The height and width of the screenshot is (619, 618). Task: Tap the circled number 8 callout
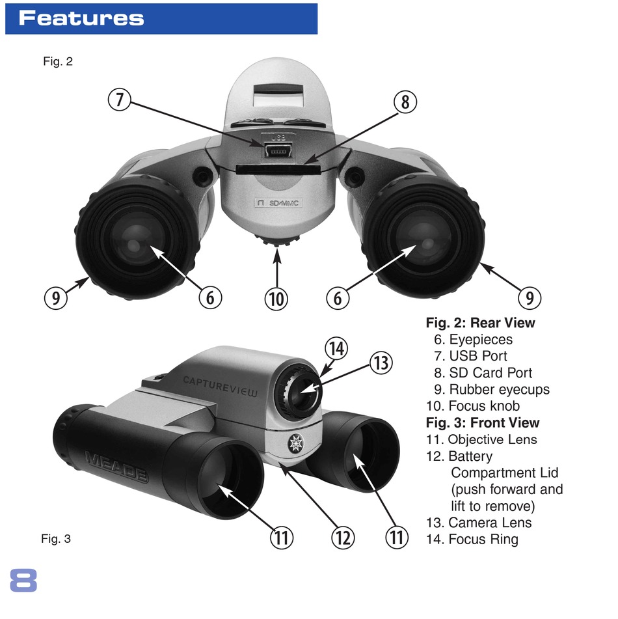[405, 102]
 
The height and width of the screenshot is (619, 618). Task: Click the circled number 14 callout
[337, 348]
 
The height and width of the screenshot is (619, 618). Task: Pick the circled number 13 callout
[381, 363]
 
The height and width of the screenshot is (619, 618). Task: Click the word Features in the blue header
[81, 18]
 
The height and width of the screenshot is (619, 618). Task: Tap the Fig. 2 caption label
[58, 62]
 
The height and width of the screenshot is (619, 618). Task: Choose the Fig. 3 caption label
[56, 538]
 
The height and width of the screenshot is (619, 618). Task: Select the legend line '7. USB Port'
[470, 356]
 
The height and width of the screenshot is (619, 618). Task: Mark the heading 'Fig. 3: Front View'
[482, 423]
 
